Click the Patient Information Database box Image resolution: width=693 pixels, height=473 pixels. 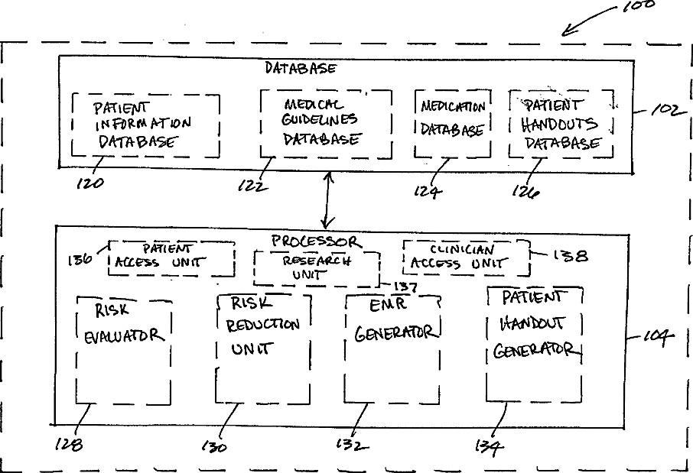[x=145, y=125]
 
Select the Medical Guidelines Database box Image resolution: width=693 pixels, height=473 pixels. [x=326, y=125]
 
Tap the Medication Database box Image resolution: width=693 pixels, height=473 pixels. [x=451, y=124]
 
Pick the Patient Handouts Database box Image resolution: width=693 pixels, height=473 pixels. [x=561, y=124]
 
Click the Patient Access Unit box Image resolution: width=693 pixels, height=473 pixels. [x=172, y=258]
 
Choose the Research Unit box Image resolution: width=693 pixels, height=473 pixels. [x=316, y=268]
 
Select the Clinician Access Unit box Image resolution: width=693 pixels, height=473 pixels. [x=466, y=258]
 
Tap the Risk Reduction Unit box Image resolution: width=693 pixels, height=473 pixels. [x=263, y=348]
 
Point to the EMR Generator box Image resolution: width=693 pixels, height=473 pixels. [x=392, y=348]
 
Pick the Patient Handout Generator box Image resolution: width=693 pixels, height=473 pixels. [x=534, y=344]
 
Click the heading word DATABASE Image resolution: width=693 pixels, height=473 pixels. [x=301, y=68]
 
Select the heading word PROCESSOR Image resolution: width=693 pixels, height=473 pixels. [x=314, y=241]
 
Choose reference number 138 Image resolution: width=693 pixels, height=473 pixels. [x=571, y=256]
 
